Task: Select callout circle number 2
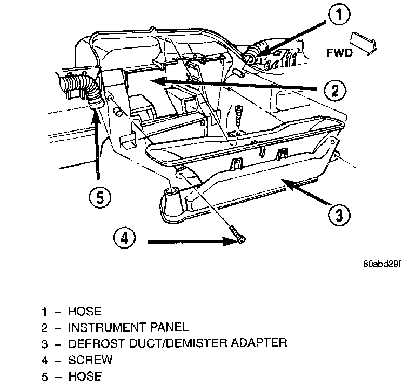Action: pos(335,90)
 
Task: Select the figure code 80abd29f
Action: pos(383,264)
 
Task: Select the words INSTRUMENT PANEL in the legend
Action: pos(128,327)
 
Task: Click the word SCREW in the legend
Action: pos(90,359)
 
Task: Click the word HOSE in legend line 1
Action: pos(84,311)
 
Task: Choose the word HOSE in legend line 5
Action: pos(84,375)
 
